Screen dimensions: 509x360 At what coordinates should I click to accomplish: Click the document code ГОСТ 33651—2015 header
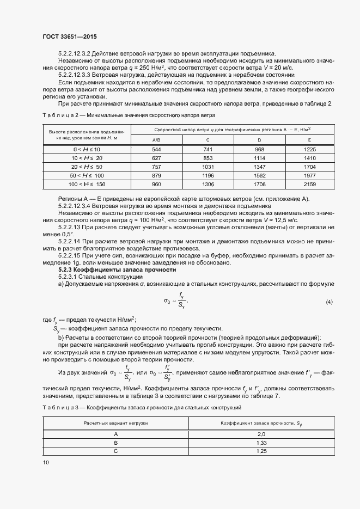[70, 36]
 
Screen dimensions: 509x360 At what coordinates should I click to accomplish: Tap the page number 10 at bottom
[45, 462]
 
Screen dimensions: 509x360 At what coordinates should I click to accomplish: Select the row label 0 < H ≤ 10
[87, 149]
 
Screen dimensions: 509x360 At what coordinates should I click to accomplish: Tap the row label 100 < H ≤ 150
[87, 184]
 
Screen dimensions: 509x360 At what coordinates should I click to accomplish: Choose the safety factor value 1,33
[261, 443]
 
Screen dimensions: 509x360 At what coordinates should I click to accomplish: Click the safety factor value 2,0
[261, 434]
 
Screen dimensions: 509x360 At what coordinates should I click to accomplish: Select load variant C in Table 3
[115, 452]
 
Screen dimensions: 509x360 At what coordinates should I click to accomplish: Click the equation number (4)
[328, 302]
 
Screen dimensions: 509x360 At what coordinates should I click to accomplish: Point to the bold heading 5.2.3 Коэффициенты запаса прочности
[109, 270]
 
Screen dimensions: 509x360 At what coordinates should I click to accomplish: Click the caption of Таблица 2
[129, 115]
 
